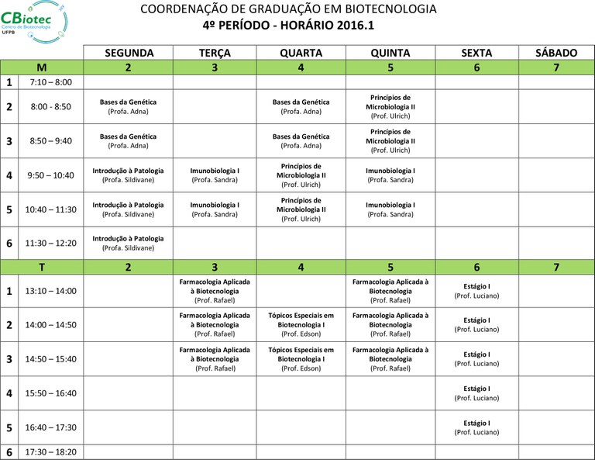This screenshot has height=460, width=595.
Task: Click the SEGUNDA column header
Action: [129, 53]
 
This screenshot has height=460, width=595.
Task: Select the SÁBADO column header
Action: [556, 53]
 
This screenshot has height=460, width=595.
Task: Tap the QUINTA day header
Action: [390, 53]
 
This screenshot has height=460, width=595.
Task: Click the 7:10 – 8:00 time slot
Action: [50, 82]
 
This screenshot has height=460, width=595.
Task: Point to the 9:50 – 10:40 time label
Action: [50, 175]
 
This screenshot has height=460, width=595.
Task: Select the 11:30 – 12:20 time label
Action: [50, 243]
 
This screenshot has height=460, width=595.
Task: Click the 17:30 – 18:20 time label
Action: [50, 451]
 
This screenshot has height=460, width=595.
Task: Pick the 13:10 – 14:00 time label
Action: [50, 291]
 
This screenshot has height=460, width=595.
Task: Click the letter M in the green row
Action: [42, 67]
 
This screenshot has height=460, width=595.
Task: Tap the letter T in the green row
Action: [42, 268]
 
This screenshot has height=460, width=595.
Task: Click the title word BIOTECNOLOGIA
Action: [393, 9]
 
